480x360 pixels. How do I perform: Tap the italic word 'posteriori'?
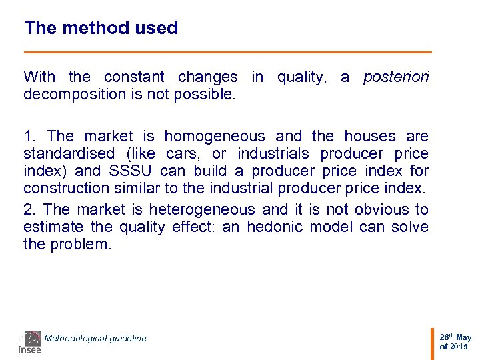(x=396, y=77)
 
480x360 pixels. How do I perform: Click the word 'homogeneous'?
(x=214, y=137)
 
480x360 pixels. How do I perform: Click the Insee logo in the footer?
(x=30, y=342)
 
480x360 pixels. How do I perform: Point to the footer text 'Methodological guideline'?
(x=95, y=339)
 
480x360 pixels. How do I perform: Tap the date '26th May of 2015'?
(x=455, y=342)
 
